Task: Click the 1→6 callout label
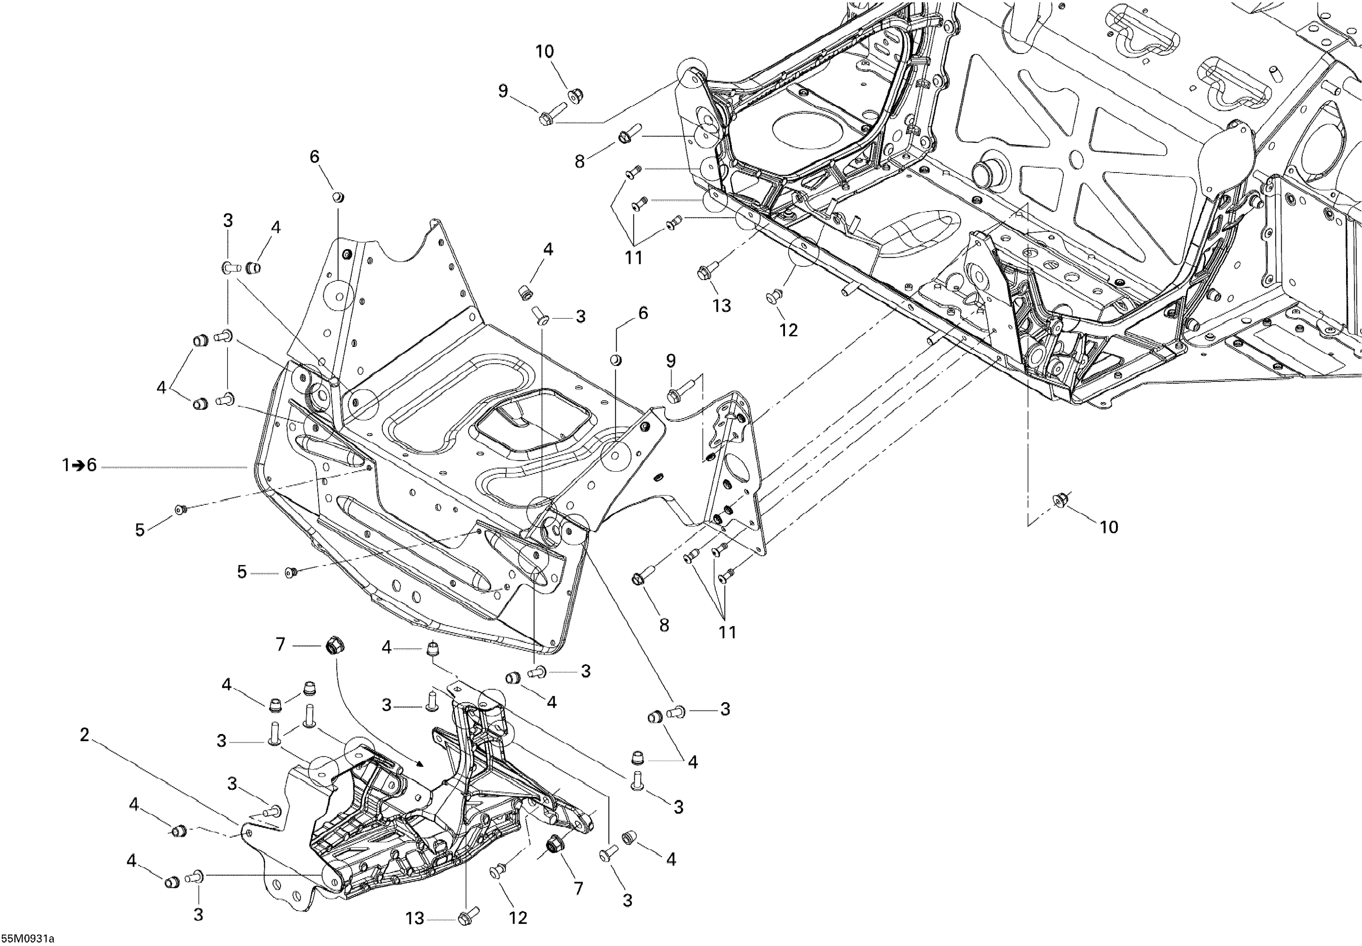(x=79, y=466)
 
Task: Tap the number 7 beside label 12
(x=578, y=888)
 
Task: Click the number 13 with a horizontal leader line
(x=415, y=919)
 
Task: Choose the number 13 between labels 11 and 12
(x=722, y=306)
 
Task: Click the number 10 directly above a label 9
(x=544, y=52)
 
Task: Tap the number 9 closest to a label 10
(x=503, y=91)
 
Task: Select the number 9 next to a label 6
(x=671, y=360)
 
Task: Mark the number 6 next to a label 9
(x=643, y=313)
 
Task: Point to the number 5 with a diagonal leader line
(x=140, y=530)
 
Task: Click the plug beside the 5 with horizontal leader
(x=290, y=572)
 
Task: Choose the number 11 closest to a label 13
(x=634, y=258)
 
